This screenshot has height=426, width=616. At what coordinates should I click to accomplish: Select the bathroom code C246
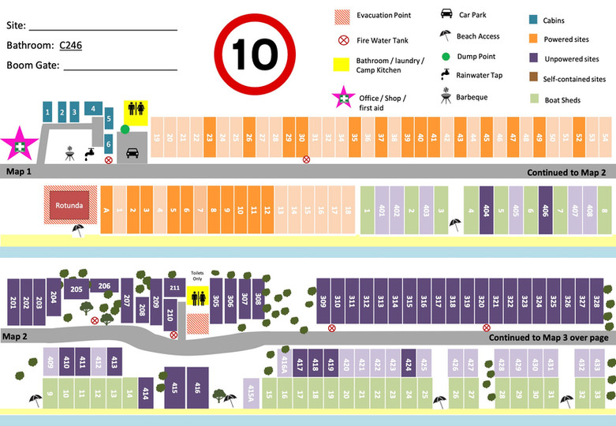pyautogui.click(x=70, y=45)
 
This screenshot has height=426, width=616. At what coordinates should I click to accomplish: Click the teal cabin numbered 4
pyautogui.click(x=93, y=109)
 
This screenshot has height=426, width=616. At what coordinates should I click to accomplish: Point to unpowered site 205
pyautogui.click(x=76, y=290)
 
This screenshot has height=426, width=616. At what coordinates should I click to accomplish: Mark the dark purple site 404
pyautogui.click(x=486, y=210)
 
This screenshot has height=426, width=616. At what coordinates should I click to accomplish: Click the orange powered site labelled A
pyautogui.click(x=105, y=210)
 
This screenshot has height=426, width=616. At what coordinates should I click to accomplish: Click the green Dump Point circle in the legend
pyautogui.click(x=446, y=56)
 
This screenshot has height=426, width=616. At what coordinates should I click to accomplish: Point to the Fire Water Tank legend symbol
pyautogui.click(x=343, y=40)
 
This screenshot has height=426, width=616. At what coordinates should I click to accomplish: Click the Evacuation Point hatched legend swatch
pyautogui.click(x=342, y=15)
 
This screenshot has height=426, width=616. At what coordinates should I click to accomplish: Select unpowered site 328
pyautogui.click(x=596, y=301)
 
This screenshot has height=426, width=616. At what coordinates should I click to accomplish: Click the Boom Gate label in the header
pyautogui.click(x=33, y=65)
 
